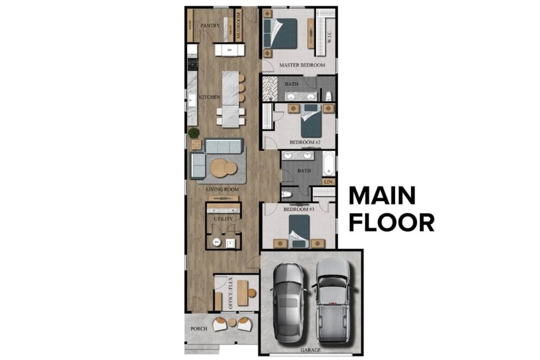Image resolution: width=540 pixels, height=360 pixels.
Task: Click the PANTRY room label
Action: (x=210, y=25)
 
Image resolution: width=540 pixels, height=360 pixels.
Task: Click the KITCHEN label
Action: (x=209, y=98)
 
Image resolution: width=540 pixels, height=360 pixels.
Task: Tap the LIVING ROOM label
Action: (x=221, y=189)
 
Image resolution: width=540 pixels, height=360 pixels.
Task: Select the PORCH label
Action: (x=198, y=329)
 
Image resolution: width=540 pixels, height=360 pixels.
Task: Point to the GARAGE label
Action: (x=311, y=349)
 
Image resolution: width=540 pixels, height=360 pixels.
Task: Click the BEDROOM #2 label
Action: (x=305, y=142)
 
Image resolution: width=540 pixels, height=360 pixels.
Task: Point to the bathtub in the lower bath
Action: (x=328, y=163)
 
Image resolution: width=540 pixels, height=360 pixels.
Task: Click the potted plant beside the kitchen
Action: (x=194, y=133)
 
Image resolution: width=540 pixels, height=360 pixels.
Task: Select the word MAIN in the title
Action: (x=382, y=196)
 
